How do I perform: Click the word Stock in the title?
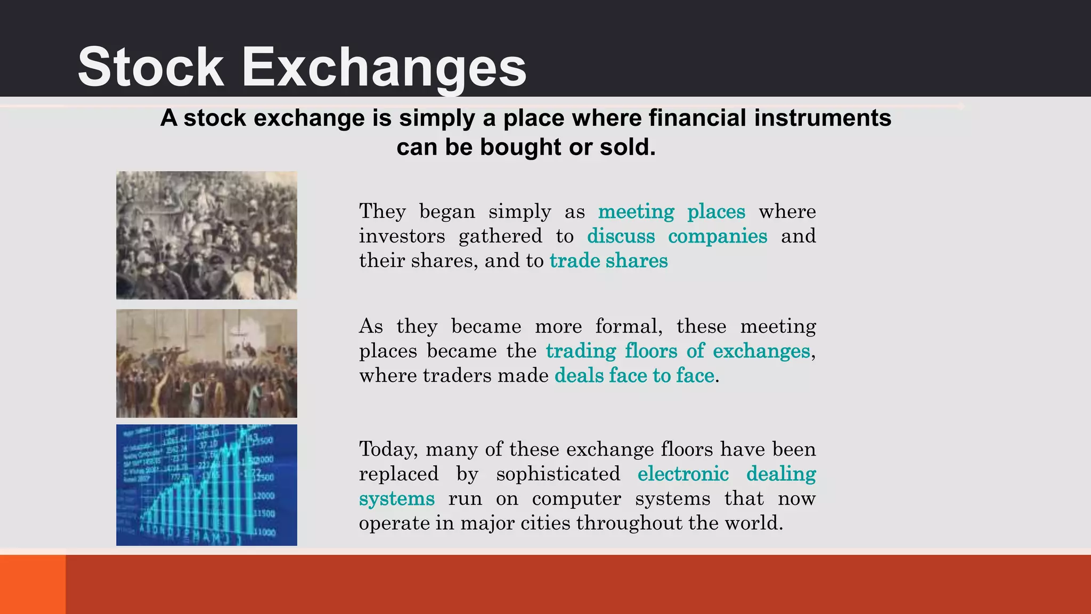(x=151, y=67)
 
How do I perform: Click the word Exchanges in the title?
(x=384, y=68)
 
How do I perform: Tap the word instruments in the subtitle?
(x=823, y=118)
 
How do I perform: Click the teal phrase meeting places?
(x=671, y=212)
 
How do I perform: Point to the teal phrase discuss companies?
(x=677, y=236)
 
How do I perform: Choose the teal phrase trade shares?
(x=608, y=261)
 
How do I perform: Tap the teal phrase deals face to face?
(x=634, y=376)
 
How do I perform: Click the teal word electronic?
(x=683, y=474)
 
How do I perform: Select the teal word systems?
(x=397, y=499)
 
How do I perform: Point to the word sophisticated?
(x=558, y=474)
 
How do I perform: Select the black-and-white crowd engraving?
(x=207, y=235)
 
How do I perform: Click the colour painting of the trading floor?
(x=207, y=363)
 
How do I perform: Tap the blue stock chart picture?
(x=207, y=484)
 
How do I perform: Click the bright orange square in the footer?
(x=32, y=584)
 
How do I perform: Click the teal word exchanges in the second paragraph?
(x=761, y=351)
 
